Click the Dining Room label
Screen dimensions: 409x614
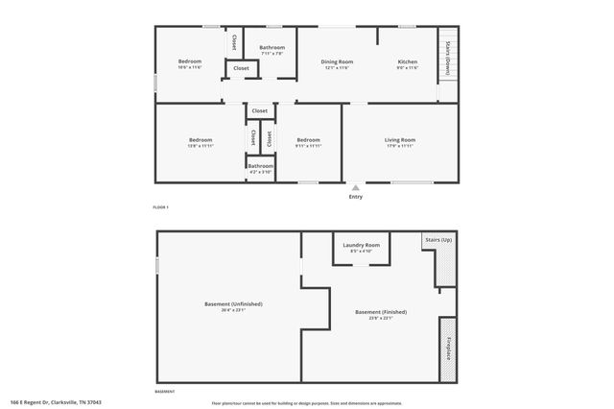(337, 62)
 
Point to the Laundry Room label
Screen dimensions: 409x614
(361, 245)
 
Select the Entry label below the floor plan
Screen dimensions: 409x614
(356, 197)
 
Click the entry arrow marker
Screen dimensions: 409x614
(356, 188)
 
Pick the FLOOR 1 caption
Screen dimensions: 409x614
(160, 207)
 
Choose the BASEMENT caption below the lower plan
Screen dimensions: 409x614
(165, 391)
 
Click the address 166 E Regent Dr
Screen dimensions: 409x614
(57, 402)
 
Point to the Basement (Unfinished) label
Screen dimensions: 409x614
(233, 304)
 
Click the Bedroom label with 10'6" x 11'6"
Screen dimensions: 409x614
(189, 62)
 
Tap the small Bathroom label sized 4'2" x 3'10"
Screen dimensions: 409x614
(261, 166)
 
